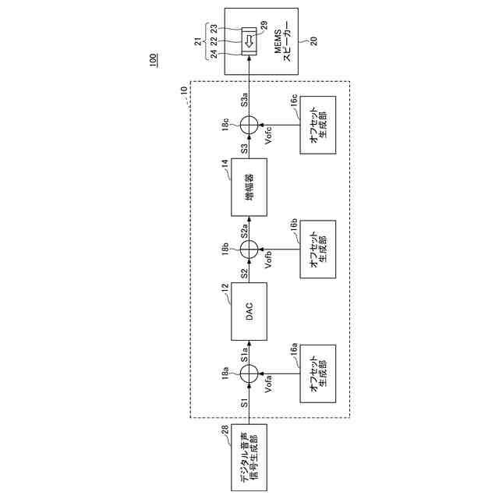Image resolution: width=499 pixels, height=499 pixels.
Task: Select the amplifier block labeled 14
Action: point(249,187)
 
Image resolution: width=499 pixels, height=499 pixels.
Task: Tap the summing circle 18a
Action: point(249,375)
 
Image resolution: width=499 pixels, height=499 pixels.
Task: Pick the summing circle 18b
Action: point(249,249)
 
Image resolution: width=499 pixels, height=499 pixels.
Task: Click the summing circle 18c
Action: point(249,124)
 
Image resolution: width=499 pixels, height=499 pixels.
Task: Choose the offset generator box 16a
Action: point(317,375)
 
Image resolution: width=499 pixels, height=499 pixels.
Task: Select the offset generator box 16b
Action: point(317,249)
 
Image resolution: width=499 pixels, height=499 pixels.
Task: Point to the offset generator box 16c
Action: point(317,124)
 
